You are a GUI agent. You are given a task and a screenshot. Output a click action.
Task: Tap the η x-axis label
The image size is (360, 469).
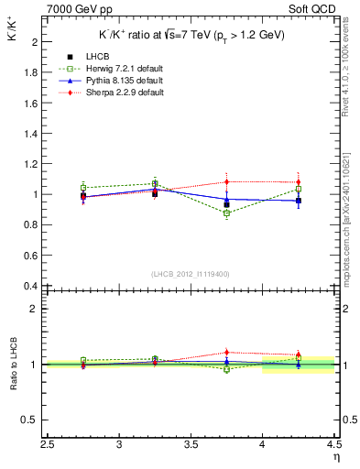tap(336, 454)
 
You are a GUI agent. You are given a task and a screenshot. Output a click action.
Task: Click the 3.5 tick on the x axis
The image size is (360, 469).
tap(191, 444)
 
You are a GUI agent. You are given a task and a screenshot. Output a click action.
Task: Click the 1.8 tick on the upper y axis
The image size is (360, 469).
tap(32, 72)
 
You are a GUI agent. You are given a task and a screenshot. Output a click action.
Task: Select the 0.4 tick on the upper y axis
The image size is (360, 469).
tap(32, 286)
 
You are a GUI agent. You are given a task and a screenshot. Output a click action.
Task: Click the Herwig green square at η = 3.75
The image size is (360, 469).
tap(227, 213)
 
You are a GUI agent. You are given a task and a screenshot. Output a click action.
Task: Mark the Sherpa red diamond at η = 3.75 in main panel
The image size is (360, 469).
tap(227, 181)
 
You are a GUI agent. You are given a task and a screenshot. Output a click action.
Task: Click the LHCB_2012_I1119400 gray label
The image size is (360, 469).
tap(191, 274)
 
